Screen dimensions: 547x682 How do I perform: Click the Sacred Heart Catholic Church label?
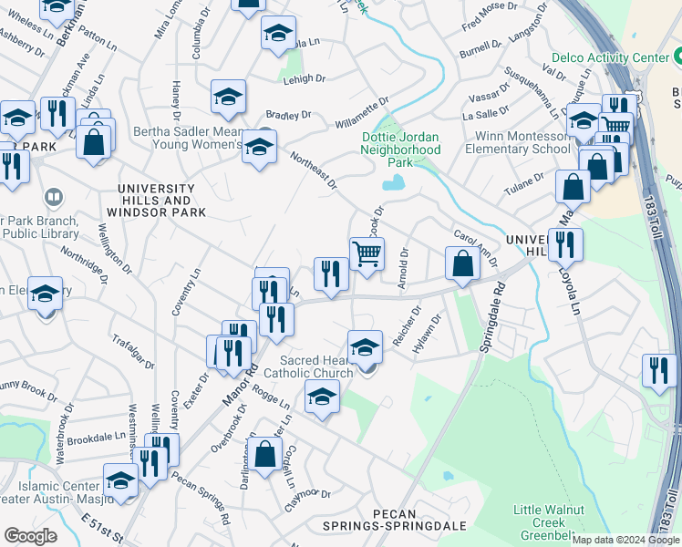[x=308, y=366]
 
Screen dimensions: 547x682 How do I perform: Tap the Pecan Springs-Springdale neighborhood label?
[x=395, y=526]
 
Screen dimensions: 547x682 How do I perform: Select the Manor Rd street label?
[x=234, y=374]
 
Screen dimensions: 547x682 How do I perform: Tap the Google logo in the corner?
[x=30, y=536]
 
